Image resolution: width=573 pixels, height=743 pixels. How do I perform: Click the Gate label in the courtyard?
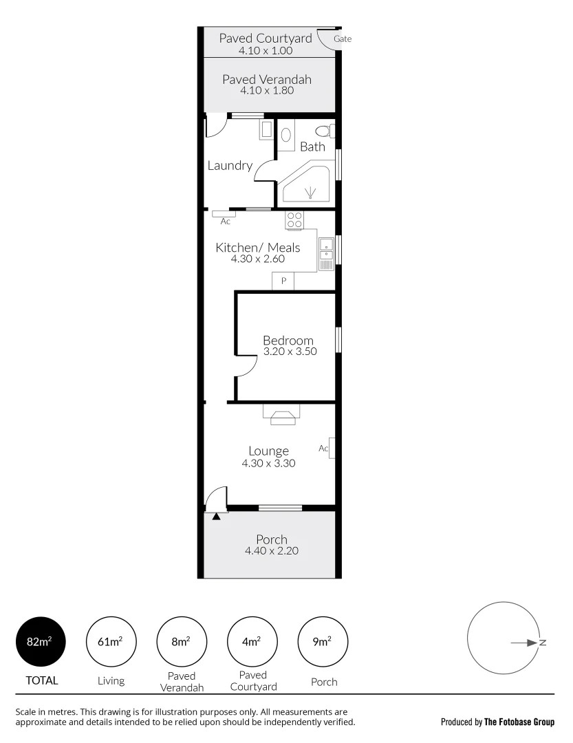coord(342,39)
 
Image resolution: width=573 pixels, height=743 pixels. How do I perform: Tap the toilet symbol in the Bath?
coord(322,131)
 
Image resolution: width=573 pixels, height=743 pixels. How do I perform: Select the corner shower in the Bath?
coord(307,184)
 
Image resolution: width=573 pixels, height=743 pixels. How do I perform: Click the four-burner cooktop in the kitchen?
coord(295,220)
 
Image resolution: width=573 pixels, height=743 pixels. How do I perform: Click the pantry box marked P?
coord(283,281)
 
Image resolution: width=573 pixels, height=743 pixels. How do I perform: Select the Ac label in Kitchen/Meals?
coord(225,222)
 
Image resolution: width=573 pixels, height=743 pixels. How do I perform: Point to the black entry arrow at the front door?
coord(217,515)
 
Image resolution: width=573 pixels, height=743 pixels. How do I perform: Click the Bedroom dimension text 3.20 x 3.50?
coord(288,352)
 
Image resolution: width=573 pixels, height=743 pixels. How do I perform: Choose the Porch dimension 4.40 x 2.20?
coord(271,550)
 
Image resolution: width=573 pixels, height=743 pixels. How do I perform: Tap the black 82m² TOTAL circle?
coord(41,643)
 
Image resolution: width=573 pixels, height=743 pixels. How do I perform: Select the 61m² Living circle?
coord(111,643)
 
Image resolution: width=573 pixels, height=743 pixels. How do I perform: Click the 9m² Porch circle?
coord(322,643)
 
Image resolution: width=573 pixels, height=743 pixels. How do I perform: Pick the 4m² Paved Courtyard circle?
coord(251,643)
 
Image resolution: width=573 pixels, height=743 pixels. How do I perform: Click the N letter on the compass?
coord(543,643)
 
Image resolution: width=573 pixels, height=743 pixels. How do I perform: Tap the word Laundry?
coord(230,166)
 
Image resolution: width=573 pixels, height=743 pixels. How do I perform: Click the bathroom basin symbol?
coord(286,135)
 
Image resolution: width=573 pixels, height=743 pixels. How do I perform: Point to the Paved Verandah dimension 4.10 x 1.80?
coord(266,90)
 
